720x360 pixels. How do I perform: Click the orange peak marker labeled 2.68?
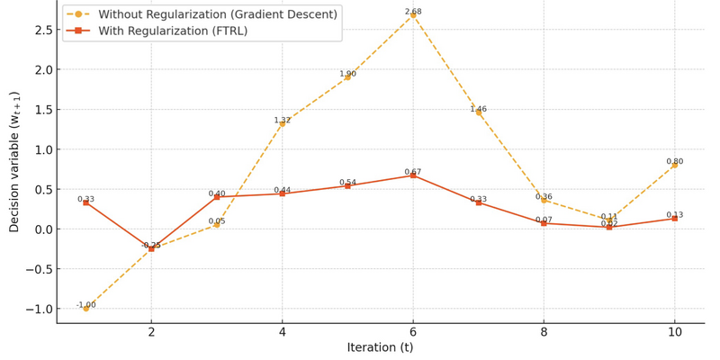coord(413,15)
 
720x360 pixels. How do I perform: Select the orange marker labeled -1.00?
coord(86,309)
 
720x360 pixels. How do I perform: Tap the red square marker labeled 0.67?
coord(413,175)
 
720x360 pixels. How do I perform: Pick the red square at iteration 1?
coord(86,202)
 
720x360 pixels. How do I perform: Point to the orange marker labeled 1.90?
coord(347,77)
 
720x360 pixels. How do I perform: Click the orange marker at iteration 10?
coord(674,166)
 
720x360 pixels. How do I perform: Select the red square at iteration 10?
coord(674,219)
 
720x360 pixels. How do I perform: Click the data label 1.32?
coord(283,120)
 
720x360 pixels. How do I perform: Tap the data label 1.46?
coord(478,109)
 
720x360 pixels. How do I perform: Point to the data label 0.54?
coord(347,183)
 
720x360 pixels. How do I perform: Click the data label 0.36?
coord(544,196)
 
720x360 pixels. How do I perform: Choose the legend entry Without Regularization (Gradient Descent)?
coord(217,14)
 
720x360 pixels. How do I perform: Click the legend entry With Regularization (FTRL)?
coord(170,31)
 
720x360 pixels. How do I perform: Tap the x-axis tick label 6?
coord(413,332)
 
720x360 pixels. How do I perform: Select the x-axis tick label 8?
coord(544,332)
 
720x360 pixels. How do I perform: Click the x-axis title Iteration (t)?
coord(380,348)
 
